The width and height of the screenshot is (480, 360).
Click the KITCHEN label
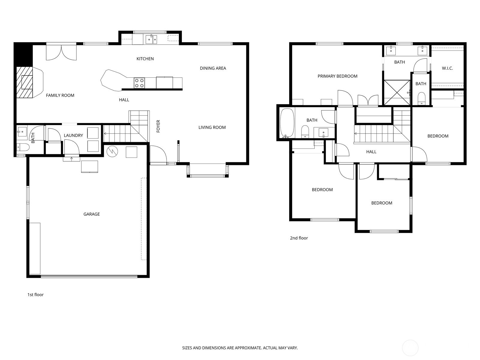tap(145, 58)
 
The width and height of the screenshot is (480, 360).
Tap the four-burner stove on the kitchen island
tap(139, 83)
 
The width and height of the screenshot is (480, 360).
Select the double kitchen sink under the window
tap(151, 39)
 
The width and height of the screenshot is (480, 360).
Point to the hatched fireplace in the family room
tap(25, 82)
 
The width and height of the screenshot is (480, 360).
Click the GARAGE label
tap(91, 214)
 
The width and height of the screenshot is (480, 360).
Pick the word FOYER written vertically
tap(158, 126)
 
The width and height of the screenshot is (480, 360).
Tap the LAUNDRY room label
tap(73, 136)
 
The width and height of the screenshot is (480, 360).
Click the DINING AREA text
tap(213, 68)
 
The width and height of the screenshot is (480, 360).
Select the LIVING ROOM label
tap(212, 127)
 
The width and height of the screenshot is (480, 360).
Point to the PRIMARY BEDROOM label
tap(337, 76)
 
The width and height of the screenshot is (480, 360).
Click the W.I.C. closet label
tap(447, 68)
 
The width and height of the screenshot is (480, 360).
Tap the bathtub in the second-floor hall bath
tap(287, 123)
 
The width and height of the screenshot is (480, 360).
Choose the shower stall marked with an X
tap(397, 93)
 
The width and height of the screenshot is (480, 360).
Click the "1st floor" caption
tap(35, 295)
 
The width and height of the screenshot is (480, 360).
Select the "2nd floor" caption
tap(299, 238)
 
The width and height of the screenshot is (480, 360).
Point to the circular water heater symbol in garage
tap(112, 151)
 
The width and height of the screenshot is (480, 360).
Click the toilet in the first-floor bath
tap(23, 147)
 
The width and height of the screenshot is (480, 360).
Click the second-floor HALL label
tap(371, 152)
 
